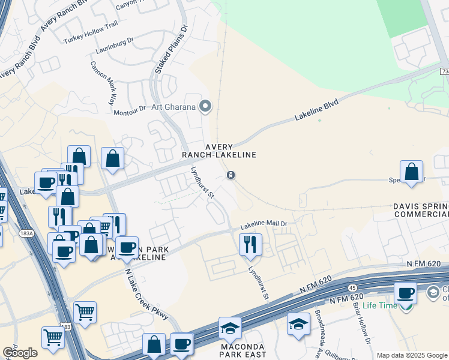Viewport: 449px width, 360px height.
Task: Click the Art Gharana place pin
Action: click(206, 107)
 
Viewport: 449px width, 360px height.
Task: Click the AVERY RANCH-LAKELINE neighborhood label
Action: click(231, 151)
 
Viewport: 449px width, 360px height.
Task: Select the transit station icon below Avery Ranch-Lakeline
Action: click(230, 175)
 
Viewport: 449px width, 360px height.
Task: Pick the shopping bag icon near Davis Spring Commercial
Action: click(412, 172)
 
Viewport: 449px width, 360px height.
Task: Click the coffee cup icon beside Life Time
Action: click(406, 292)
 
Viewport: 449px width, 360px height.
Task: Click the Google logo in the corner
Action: click(19, 353)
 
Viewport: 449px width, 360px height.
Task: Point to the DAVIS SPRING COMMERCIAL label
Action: click(420, 210)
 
